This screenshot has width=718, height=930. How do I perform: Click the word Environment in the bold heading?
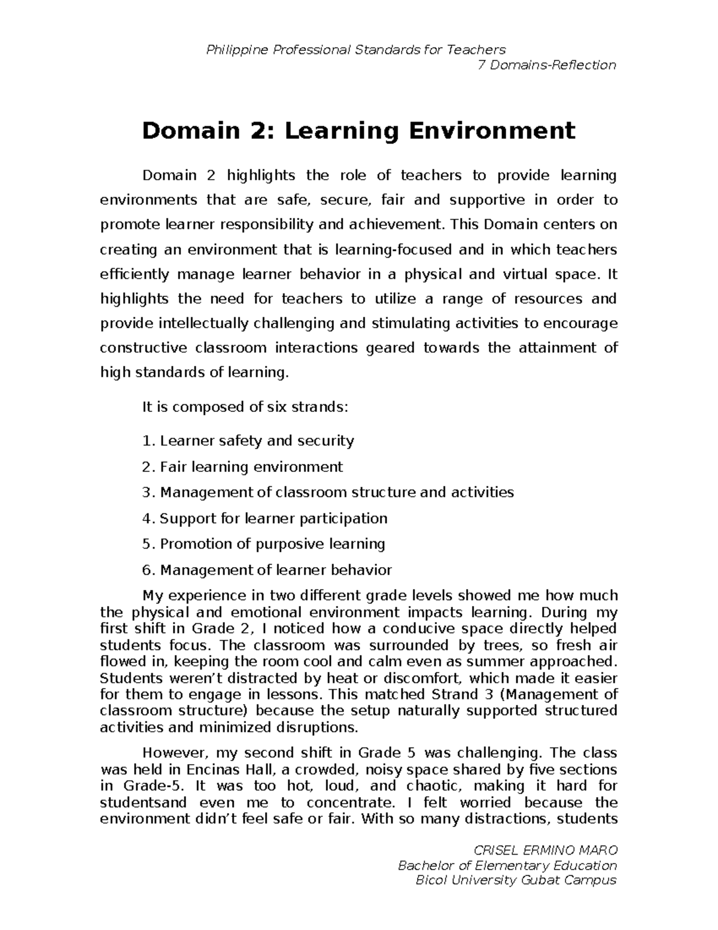coord(492,130)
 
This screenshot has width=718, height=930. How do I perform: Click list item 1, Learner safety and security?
coord(248,441)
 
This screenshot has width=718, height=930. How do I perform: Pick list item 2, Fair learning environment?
coord(242,467)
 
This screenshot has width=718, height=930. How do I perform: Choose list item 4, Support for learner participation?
coord(264,519)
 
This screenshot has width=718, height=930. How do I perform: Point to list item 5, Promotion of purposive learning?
coord(263,544)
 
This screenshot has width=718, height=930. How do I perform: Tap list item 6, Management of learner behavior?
coord(267,570)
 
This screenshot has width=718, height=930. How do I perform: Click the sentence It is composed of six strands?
coord(244,408)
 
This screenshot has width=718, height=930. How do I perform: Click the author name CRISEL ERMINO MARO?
coord(545,850)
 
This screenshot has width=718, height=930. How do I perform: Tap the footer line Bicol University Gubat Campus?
coord(516,880)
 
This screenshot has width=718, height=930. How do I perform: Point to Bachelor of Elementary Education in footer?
coord(507,865)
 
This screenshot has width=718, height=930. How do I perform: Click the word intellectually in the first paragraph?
coord(203,323)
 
